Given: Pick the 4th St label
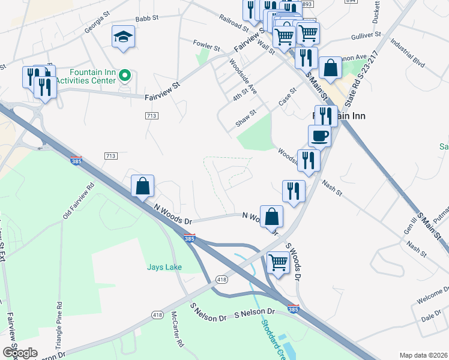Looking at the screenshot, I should coord(241,95).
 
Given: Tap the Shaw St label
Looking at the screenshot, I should coord(246,117).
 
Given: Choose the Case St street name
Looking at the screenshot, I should coord(288,98).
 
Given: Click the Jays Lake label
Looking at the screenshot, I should coord(164,267).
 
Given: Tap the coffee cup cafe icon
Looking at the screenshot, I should coord(319,136).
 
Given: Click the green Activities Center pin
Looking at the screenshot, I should coord(125,76).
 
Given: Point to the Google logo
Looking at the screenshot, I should coord(20,352).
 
